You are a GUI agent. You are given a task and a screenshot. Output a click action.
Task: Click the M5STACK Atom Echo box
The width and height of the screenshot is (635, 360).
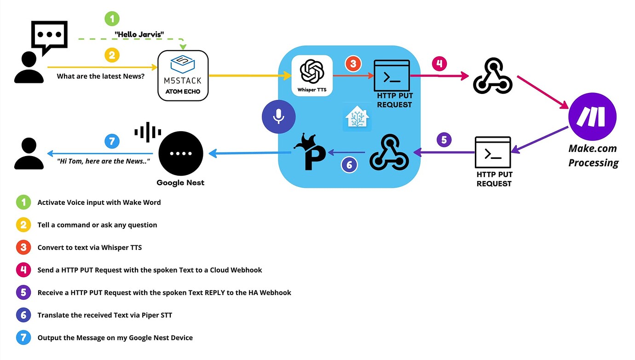183,75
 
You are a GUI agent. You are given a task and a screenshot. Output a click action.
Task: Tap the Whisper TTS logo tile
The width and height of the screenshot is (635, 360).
312,75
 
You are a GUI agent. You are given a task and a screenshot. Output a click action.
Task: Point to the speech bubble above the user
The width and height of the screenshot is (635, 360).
49,37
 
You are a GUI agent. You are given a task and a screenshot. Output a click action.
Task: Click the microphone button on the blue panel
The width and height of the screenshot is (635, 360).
278,117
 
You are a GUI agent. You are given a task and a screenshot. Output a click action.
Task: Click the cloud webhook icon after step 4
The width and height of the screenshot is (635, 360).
493,76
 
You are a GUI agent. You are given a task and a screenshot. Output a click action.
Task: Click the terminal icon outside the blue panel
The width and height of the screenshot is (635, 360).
493,152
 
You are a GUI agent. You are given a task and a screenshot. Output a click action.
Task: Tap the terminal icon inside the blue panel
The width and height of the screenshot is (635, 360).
392,75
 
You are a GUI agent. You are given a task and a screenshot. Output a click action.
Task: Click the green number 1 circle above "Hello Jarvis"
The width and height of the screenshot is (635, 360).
112,19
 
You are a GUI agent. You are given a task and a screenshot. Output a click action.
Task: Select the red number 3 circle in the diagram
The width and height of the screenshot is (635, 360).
352,64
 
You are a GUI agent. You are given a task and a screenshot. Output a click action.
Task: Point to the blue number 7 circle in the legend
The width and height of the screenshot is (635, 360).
23,337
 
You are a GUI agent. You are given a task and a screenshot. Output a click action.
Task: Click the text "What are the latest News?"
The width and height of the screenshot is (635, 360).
100,76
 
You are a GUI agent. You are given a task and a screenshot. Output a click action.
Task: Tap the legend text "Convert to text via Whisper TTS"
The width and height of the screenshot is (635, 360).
89,248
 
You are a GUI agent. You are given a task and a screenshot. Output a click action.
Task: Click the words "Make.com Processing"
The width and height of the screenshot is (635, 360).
593,156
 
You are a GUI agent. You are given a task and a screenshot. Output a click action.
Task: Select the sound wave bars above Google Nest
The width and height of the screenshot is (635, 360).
148,132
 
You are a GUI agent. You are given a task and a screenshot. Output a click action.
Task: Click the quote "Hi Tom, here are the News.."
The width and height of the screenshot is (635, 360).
104,161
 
